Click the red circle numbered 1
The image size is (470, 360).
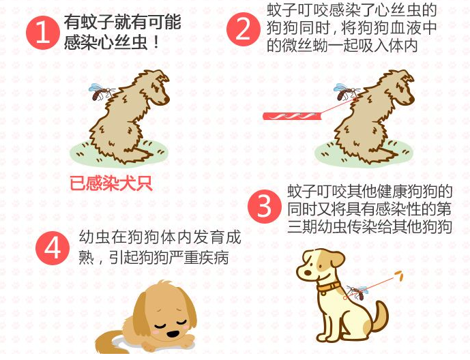42,33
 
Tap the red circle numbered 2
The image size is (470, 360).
243,31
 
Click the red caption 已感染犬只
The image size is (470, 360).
111,183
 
